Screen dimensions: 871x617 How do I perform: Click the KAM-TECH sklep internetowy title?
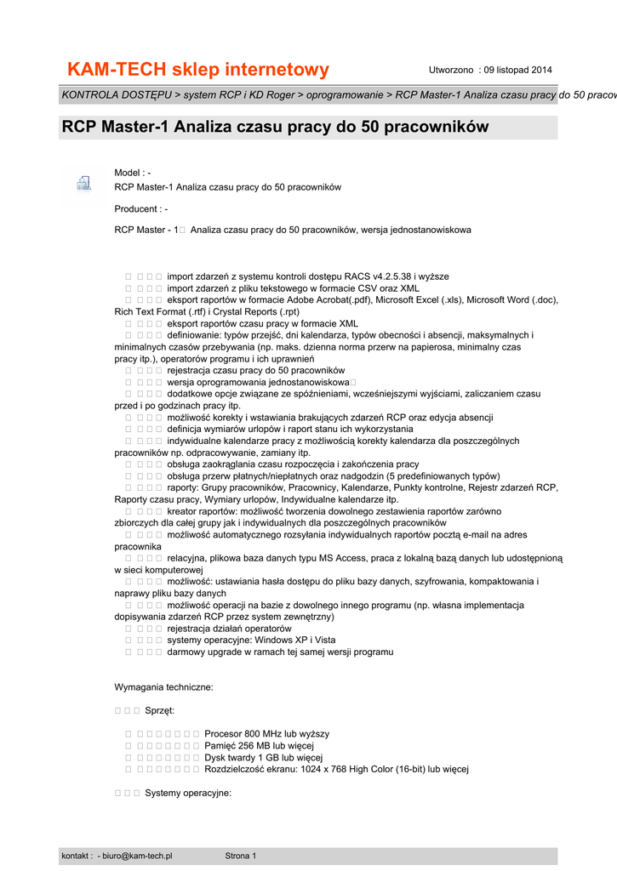coord(197,69)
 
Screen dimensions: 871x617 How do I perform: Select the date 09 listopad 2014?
coord(518,69)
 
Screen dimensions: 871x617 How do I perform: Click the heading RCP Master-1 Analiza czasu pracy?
coord(276,128)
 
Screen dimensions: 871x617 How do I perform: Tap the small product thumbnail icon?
coord(83,182)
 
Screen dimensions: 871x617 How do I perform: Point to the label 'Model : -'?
coord(133,173)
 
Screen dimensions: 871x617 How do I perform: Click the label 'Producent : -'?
coord(140,208)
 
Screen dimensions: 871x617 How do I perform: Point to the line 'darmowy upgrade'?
coord(280,652)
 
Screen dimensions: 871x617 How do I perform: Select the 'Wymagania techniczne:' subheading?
coord(163,686)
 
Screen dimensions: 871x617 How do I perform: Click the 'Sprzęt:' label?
coord(159,710)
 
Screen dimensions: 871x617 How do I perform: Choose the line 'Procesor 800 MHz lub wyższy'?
coord(266,733)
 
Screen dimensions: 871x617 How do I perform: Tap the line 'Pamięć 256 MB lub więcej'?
coord(260,745)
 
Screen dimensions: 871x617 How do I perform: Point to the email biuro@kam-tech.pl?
coord(137,856)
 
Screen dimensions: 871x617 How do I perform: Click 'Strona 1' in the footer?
coord(240,856)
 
